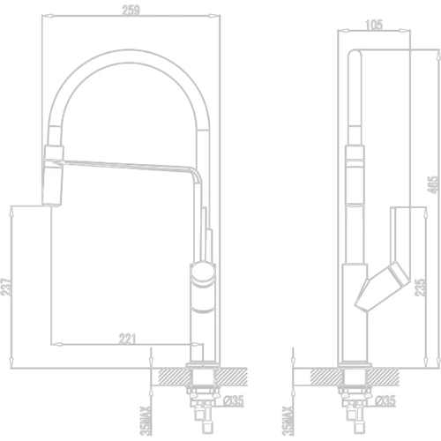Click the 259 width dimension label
pyautogui.click(x=131, y=11)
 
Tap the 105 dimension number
pyautogui.click(x=374, y=25)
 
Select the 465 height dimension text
pyautogui.click(x=434, y=184)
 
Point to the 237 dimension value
pyautogui.click(x=6, y=287)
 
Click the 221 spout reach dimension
pyautogui.click(x=127, y=339)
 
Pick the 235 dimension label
pyautogui.click(x=420, y=288)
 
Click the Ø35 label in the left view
pyautogui.click(x=234, y=400)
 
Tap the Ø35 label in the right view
pyautogui.click(x=385, y=400)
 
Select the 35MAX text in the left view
pyautogui.click(x=146, y=421)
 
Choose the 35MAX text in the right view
pyautogui.click(x=288, y=421)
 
